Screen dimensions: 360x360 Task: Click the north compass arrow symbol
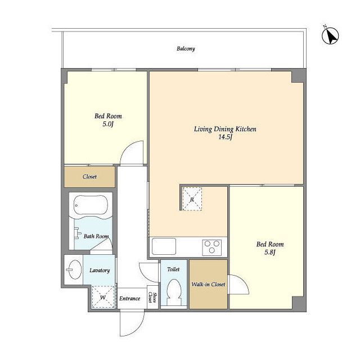pos(330,36)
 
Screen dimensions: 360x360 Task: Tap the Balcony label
pos(186,49)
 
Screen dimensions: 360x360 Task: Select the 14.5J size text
pos(225,137)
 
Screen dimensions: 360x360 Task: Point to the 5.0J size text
pos(108,124)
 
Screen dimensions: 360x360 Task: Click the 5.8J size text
pos(270,253)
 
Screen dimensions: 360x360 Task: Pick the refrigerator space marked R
pos(192,199)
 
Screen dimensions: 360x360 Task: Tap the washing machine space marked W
pos(103,297)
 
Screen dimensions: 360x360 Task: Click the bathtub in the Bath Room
pos(91,205)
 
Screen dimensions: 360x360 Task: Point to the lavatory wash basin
pos(75,269)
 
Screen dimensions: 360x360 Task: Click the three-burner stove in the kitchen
pos(212,247)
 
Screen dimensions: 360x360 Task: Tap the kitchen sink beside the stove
pos(164,246)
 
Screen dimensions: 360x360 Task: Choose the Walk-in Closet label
pos(208,284)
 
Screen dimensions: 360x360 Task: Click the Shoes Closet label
pos(152,298)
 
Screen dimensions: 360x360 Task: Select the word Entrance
pos(130,299)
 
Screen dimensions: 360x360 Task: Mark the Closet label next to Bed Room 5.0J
pos(89,177)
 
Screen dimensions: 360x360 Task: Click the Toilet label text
pos(173,269)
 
